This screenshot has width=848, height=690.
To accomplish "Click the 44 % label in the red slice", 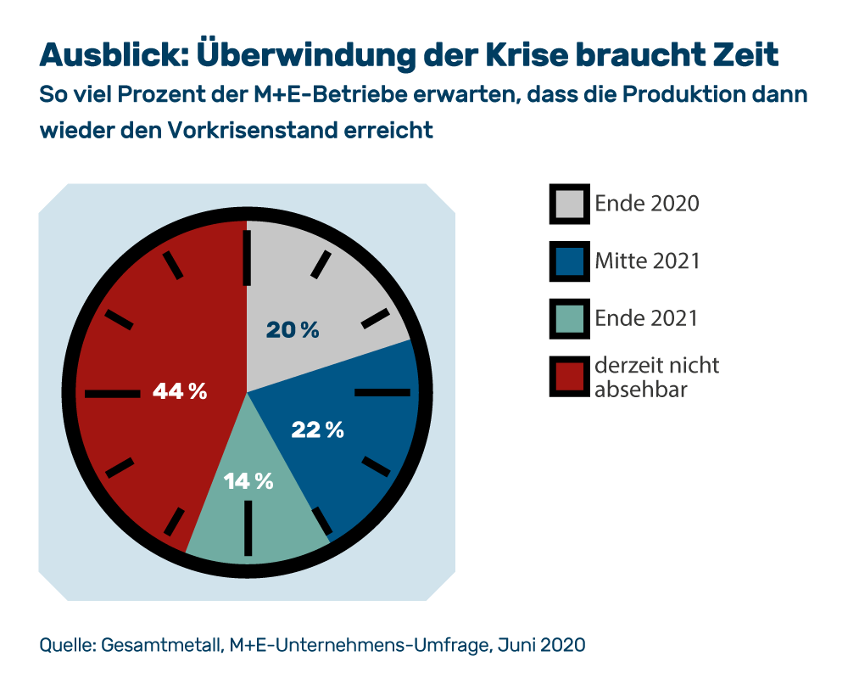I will click(x=180, y=391).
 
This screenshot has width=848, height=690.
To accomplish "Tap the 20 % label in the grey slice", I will click(x=293, y=331).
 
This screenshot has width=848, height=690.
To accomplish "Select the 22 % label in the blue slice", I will click(x=317, y=430).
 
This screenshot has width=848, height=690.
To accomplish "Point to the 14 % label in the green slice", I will click(x=248, y=481).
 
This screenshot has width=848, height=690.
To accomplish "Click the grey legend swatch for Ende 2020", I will click(x=570, y=204).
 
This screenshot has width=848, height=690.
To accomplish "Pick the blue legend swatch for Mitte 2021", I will click(x=570, y=261).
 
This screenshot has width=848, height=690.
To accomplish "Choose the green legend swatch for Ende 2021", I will click(x=570, y=318).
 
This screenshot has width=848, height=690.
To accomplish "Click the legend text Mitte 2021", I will click(x=647, y=261).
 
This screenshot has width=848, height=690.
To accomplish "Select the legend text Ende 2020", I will click(x=646, y=204).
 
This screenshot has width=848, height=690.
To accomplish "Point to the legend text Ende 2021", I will click(x=645, y=318).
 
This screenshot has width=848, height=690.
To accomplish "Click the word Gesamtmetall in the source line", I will click(x=161, y=645).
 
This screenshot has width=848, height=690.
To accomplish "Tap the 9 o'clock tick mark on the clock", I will click(x=113, y=393).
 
